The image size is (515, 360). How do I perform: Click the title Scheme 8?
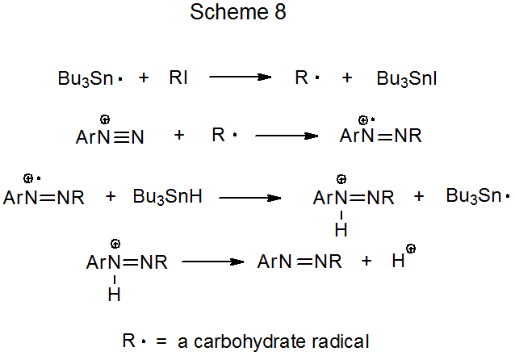[238, 13]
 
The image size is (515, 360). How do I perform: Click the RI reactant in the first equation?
[179, 78]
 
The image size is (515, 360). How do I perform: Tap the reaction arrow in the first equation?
[240, 77]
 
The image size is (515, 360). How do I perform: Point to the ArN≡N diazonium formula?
[110, 136]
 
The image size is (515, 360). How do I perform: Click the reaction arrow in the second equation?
[287, 136]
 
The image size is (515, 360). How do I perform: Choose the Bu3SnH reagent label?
[167, 196]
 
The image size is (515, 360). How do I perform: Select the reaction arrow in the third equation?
[250, 196]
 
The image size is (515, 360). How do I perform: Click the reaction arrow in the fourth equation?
[212, 262]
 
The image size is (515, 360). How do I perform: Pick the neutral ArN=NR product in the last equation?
[299, 262]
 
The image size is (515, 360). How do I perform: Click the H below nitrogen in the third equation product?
[341, 230]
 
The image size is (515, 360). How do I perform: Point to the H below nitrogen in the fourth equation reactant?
[114, 295]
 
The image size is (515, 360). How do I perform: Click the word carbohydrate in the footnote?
[248, 341]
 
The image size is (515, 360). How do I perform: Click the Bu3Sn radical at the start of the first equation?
[90, 79]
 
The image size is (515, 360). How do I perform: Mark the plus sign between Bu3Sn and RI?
[144, 78]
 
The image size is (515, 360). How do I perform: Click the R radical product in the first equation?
[306, 78]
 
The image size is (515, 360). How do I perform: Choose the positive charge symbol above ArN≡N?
[105, 119]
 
